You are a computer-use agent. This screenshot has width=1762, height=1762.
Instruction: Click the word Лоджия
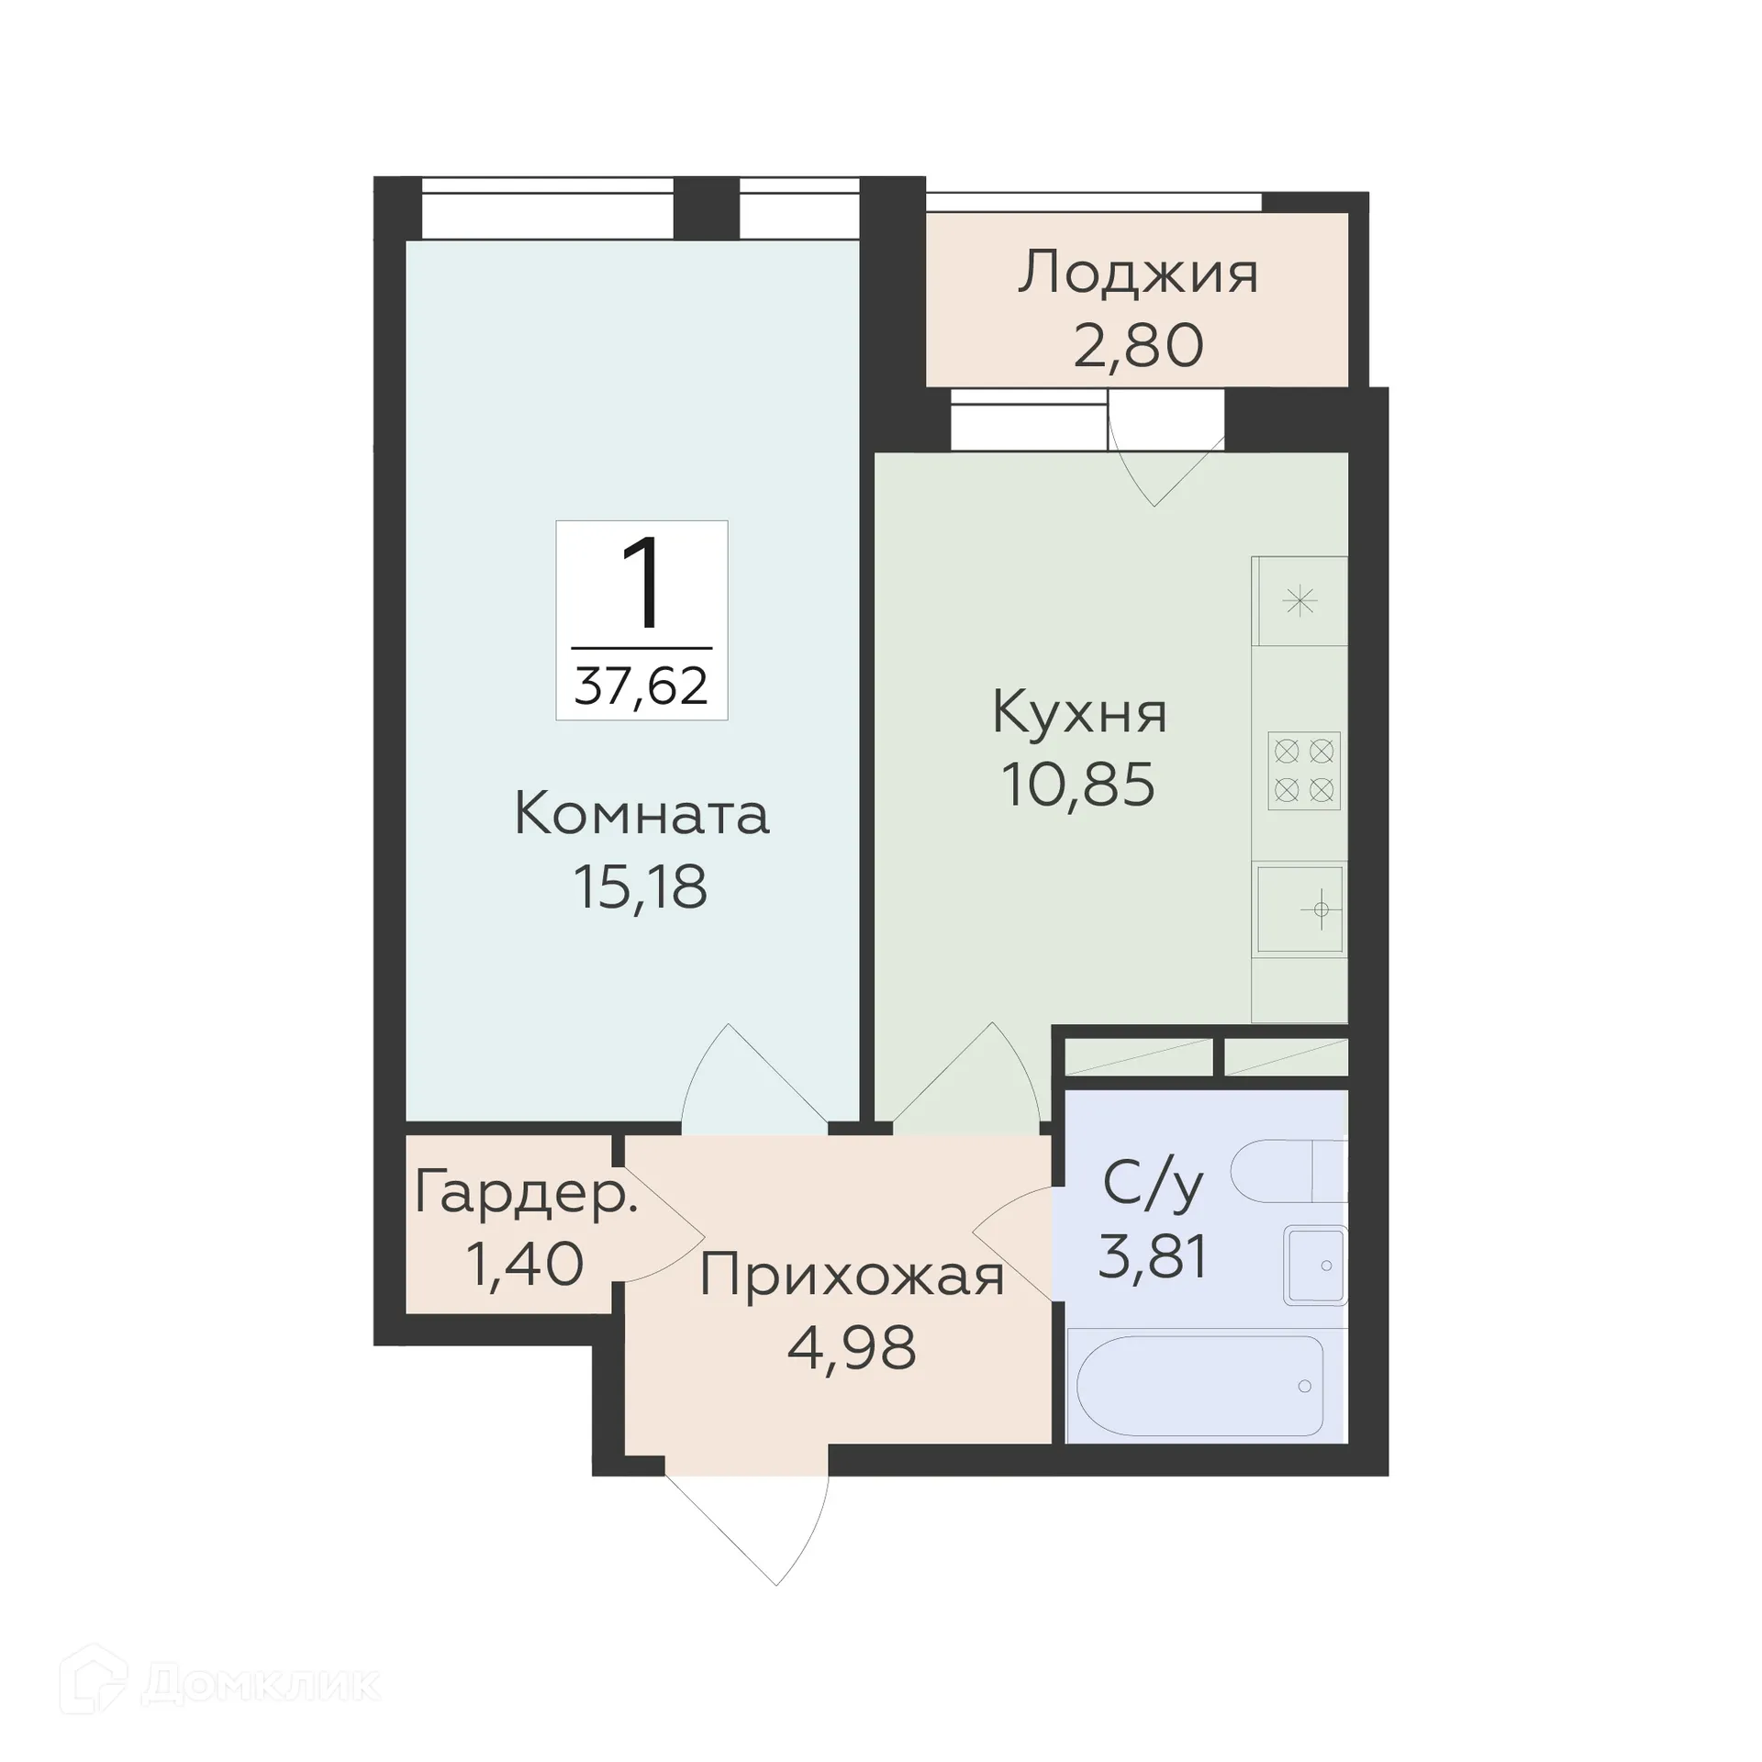(x=1137, y=274)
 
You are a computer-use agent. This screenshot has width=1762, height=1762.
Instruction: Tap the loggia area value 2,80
(x=1137, y=346)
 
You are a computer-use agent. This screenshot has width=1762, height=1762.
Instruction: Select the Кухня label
(x=1079, y=713)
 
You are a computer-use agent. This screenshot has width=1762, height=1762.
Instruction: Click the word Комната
(x=641, y=815)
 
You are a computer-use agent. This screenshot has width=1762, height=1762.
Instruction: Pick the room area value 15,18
(x=641, y=887)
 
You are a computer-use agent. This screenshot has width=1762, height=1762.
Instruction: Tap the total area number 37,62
(x=641, y=686)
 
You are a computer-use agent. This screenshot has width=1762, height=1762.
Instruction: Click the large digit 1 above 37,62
(x=641, y=584)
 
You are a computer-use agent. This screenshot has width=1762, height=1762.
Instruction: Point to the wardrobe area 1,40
(x=525, y=1264)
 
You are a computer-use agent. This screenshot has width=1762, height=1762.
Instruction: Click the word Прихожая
(x=852, y=1276)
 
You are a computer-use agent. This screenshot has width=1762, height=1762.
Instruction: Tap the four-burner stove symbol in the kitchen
(x=1304, y=771)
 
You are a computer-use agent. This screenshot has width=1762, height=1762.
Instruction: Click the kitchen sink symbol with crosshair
(x=1300, y=909)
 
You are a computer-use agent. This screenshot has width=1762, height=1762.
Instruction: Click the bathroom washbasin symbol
(x=1316, y=1266)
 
